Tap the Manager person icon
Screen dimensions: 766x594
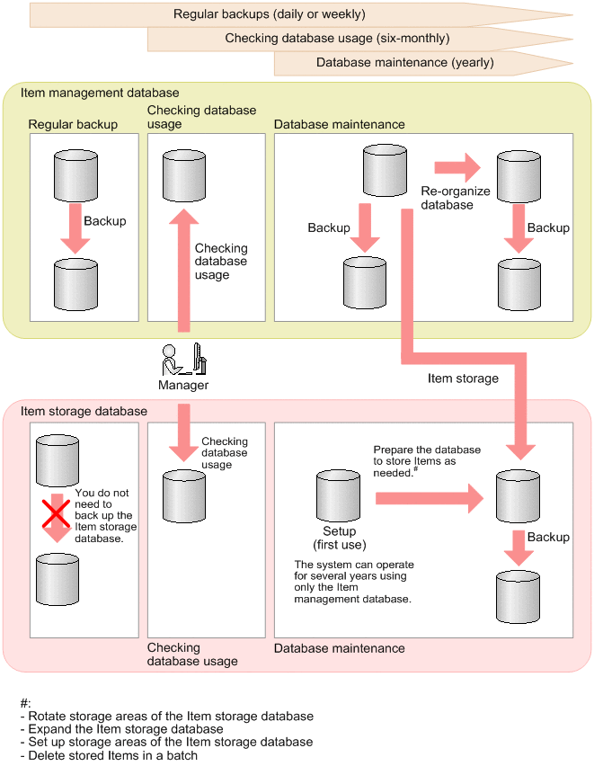pos(183,360)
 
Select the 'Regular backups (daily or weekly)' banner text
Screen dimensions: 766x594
pos(269,14)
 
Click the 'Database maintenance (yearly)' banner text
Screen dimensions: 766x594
pos(404,63)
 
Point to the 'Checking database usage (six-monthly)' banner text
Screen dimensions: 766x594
pos(337,39)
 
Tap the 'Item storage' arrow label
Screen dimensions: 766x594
pos(463,379)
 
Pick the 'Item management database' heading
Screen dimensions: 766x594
pos(100,93)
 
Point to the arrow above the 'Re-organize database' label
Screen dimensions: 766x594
pos(457,167)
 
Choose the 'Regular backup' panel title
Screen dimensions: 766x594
pos(73,124)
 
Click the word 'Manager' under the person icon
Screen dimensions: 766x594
pos(183,385)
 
